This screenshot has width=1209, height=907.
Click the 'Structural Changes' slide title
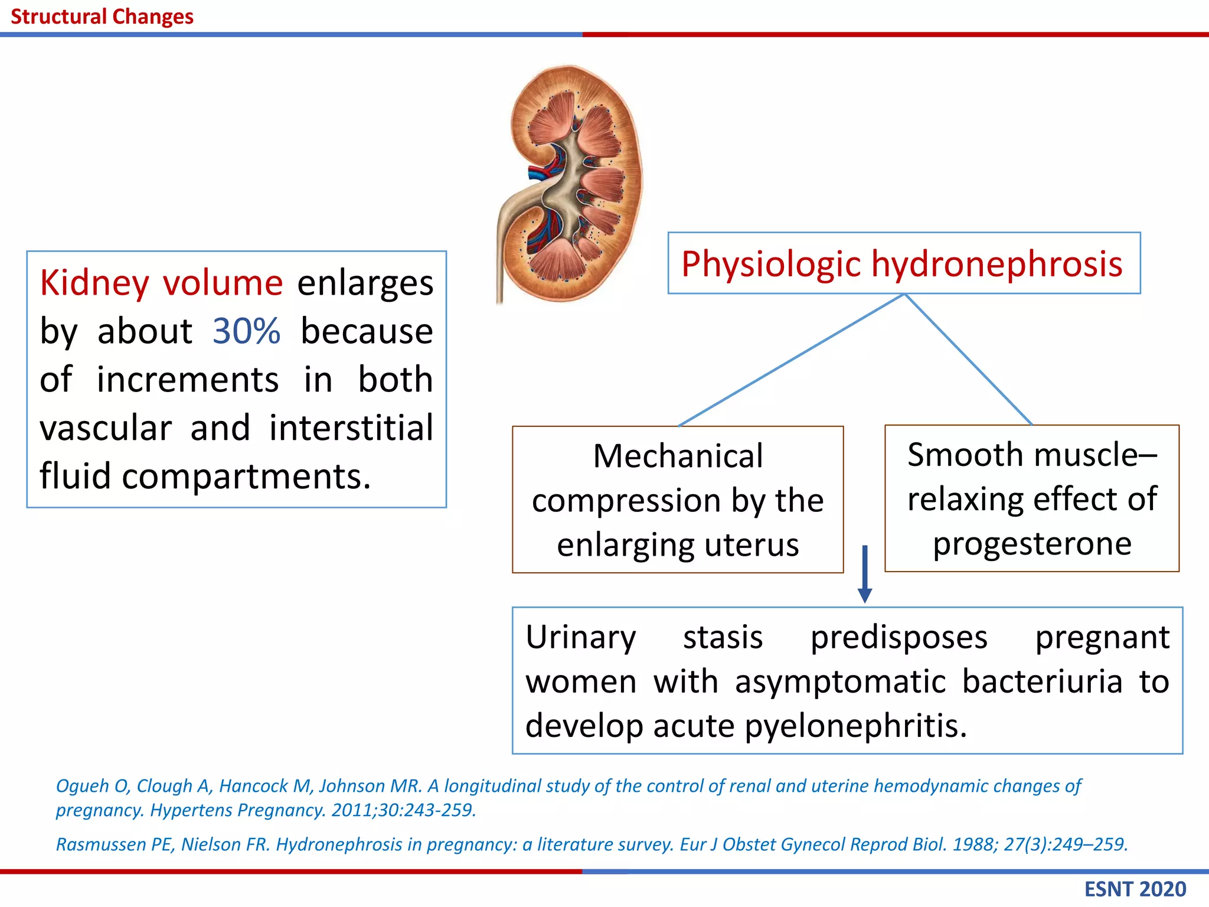(x=102, y=17)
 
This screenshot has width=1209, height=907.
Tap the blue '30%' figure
(x=246, y=331)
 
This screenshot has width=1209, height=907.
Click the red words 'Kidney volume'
(x=161, y=283)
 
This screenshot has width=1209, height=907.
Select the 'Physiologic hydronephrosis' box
(x=904, y=263)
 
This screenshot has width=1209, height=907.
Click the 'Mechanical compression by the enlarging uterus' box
(x=678, y=500)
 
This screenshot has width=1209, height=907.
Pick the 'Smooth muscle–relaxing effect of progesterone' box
(x=1032, y=498)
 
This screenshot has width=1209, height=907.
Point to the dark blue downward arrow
(x=865, y=574)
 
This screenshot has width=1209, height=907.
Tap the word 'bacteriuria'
(x=1043, y=681)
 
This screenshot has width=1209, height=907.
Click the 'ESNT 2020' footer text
(x=1135, y=889)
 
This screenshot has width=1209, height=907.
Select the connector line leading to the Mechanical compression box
(x=792, y=360)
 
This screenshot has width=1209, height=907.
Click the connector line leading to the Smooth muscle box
(x=969, y=359)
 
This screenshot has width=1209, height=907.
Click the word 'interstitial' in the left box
(x=351, y=428)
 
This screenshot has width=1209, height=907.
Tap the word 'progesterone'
(x=1032, y=544)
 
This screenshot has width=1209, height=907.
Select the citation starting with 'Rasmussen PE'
(x=592, y=844)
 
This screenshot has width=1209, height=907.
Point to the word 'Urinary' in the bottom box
(x=581, y=638)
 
